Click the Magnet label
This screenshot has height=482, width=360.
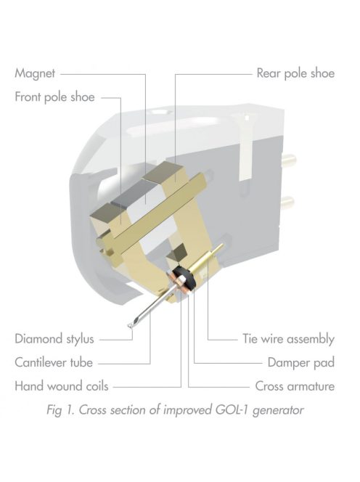[x=35, y=73]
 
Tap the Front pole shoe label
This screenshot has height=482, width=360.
[x=54, y=97]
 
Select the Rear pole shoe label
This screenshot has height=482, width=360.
[x=295, y=73]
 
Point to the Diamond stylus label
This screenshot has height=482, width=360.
[x=54, y=339]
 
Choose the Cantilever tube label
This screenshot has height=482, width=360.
[x=54, y=362]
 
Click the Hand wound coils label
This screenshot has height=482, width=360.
[x=62, y=386]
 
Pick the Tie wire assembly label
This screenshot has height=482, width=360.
[x=288, y=339]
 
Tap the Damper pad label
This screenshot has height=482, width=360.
[x=301, y=362]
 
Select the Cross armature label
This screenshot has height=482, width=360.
[x=295, y=386]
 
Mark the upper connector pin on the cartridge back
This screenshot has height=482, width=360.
[x=289, y=160]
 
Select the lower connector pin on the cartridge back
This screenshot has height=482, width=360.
[x=287, y=203]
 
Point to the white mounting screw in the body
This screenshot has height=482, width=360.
[x=247, y=147]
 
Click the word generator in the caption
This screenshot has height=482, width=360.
[x=278, y=411]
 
